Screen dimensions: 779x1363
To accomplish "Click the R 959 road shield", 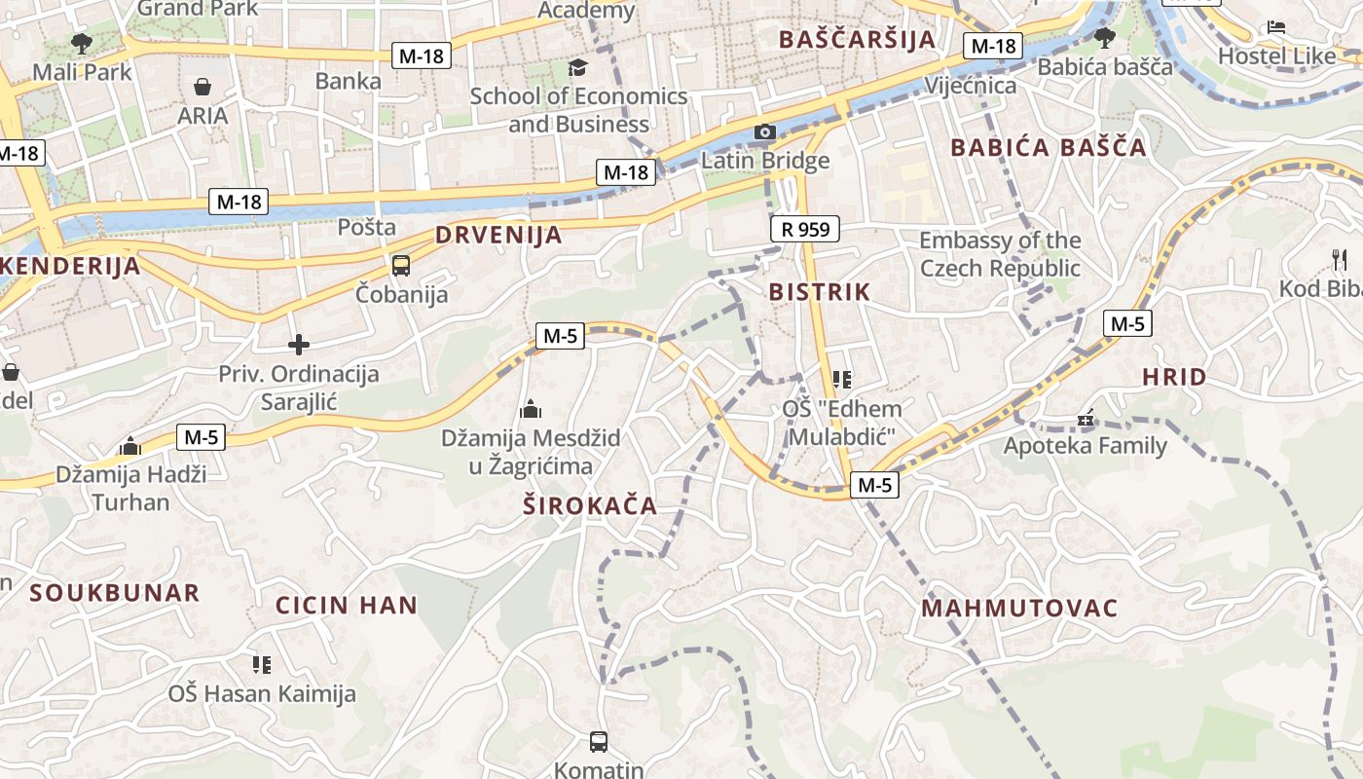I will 804,230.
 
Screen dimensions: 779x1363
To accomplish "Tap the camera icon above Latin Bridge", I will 765,131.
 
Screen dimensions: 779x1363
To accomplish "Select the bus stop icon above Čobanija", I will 400,265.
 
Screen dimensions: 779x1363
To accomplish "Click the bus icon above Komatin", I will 599,742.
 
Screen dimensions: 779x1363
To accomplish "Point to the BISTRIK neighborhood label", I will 819,291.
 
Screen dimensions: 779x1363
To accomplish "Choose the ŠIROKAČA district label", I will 590,506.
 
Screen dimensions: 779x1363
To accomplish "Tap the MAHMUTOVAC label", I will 1019,609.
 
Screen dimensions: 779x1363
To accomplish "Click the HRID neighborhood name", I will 1173,377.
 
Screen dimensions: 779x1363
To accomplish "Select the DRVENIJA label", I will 498,235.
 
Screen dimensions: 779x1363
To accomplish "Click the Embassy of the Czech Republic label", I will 1000,254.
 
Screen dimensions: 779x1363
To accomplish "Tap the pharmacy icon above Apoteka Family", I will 1086,419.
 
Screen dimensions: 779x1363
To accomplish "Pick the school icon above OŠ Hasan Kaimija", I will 261,664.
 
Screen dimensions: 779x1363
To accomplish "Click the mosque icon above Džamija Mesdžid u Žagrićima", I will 531,409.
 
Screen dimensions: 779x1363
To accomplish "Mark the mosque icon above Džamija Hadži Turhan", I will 130,447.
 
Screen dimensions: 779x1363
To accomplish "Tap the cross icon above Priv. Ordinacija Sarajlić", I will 299,344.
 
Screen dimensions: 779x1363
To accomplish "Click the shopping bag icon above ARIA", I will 203,88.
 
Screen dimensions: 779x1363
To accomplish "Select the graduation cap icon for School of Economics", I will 578,67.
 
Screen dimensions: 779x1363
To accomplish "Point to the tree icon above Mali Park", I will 82,43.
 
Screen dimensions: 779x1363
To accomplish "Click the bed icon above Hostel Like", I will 1276,27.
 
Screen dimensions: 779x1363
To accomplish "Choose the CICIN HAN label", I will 347,605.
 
